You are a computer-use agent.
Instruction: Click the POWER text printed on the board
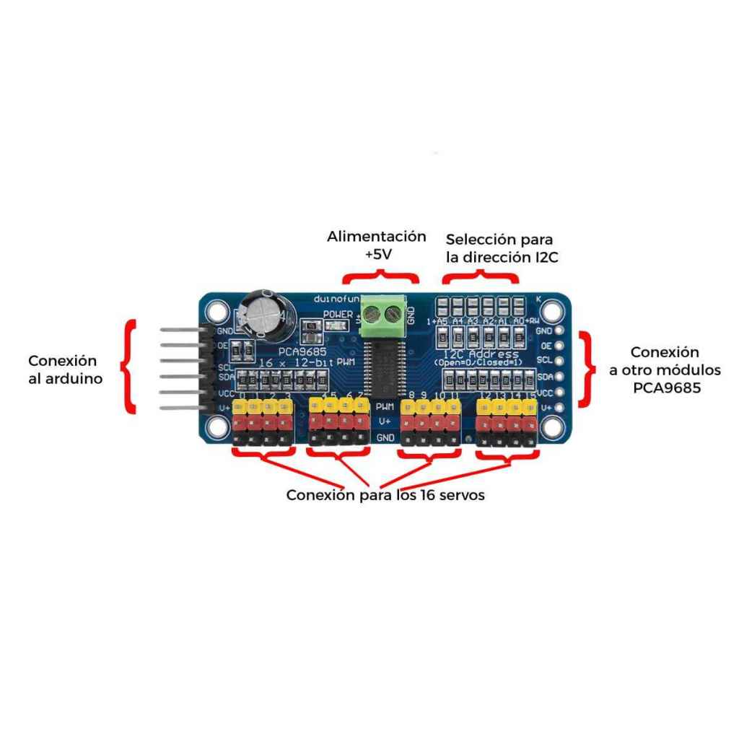pos(338,314)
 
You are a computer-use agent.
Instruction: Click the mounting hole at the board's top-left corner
pos(214,312)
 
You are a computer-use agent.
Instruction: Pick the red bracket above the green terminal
pos(380,278)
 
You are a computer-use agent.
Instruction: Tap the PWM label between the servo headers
pos(385,407)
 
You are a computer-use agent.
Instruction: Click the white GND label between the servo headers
pos(385,438)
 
